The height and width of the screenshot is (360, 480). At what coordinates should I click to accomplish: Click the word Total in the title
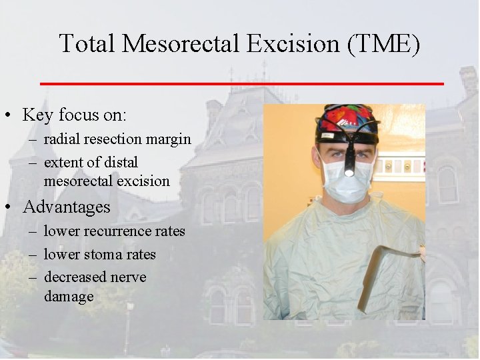click(x=87, y=44)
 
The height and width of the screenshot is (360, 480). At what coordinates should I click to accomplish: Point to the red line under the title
click(x=242, y=83)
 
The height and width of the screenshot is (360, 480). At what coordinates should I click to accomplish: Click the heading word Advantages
click(x=67, y=207)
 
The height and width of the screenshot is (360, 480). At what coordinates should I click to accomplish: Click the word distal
click(x=120, y=162)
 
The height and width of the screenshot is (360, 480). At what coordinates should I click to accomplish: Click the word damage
click(x=69, y=295)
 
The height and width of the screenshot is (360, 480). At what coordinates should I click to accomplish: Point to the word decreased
click(x=74, y=277)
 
